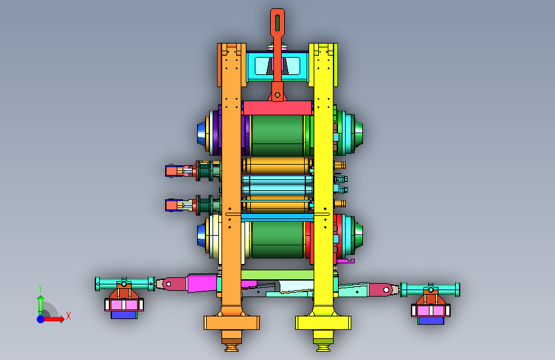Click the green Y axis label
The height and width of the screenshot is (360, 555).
(40, 288)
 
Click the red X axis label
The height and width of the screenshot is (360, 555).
(68, 316)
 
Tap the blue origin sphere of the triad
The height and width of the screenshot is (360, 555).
(41, 319)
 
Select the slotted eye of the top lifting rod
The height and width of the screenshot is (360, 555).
(278, 22)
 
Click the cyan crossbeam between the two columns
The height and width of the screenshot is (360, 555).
(277, 66)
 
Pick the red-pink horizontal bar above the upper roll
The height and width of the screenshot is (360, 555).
(278, 108)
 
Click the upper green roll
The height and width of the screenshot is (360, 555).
(278, 135)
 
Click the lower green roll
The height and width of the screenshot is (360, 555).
(278, 240)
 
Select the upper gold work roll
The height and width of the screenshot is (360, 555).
(278, 165)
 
